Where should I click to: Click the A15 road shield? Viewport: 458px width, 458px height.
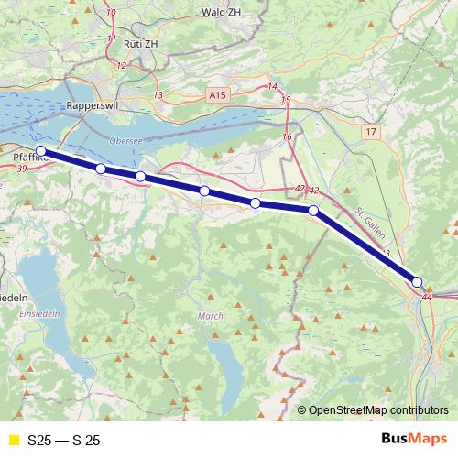(x=217, y=94)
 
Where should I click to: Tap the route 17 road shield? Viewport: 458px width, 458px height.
(x=369, y=133)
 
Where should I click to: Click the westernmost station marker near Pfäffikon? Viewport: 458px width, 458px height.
(x=40, y=151)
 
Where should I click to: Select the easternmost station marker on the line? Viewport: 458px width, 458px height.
(x=417, y=282)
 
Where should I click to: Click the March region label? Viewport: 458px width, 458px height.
(x=210, y=316)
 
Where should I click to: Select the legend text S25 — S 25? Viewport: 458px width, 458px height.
(x=63, y=441)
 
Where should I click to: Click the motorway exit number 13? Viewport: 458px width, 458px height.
(x=158, y=95)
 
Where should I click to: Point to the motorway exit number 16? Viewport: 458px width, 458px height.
(x=287, y=136)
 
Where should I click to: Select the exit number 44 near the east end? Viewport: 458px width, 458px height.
(x=427, y=297)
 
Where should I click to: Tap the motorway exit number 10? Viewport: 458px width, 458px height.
(x=111, y=13)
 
